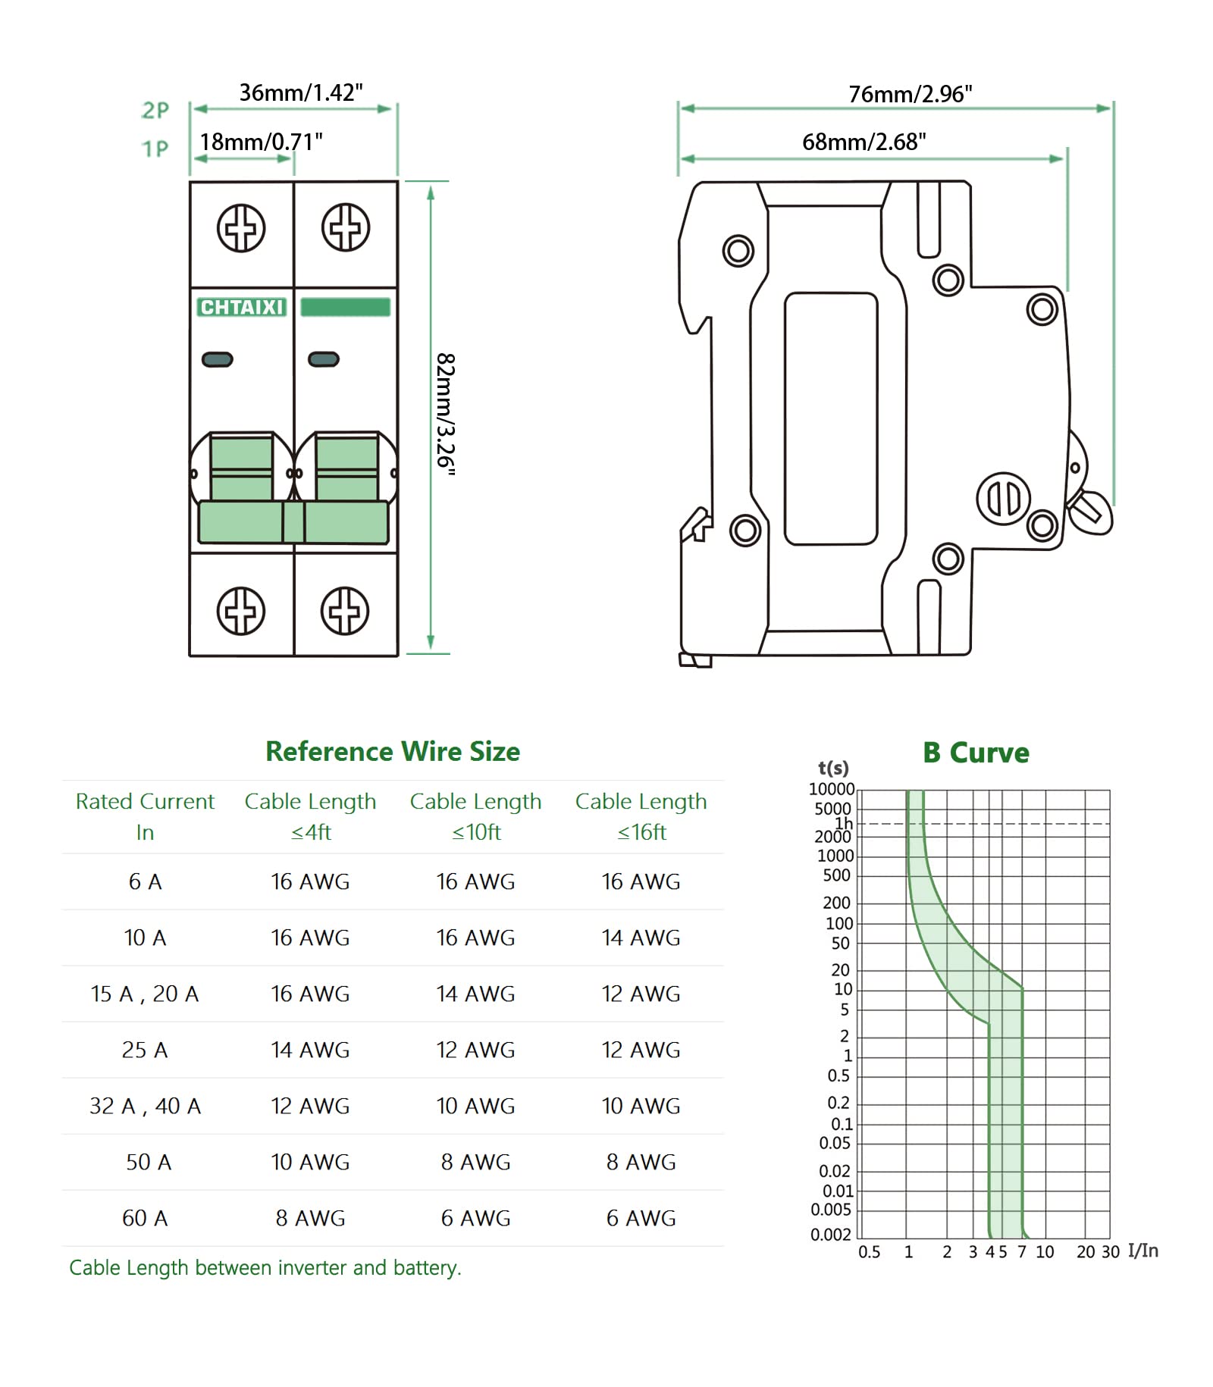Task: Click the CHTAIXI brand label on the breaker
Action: click(x=241, y=307)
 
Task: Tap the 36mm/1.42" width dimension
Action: click(x=301, y=92)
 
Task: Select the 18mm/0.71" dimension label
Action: click(x=261, y=142)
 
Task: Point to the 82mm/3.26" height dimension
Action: click(x=445, y=414)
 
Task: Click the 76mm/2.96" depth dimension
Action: click(x=910, y=94)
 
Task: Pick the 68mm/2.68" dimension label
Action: click(x=864, y=142)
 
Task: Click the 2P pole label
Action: click(x=155, y=111)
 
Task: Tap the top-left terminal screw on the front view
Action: click(x=241, y=227)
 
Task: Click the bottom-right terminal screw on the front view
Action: click(x=345, y=610)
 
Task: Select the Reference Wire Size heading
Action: click(x=393, y=751)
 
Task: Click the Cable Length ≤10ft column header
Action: click(x=475, y=816)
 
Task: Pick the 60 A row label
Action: click(x=145, y=1218)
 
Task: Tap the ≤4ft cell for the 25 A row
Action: click(x=310, y=1050)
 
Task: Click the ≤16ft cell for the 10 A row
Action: click(x=641, y=938)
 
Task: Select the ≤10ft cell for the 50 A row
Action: click(x=475, y=1162)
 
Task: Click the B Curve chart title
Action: click(x=976, y=753)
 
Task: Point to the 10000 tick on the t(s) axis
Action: click(x=831, y=789)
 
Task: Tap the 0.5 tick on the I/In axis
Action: click(x=869, y=1252)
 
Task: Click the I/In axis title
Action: click(x=1142, y=1251)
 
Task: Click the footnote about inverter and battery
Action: click(x=265, y=1268)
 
